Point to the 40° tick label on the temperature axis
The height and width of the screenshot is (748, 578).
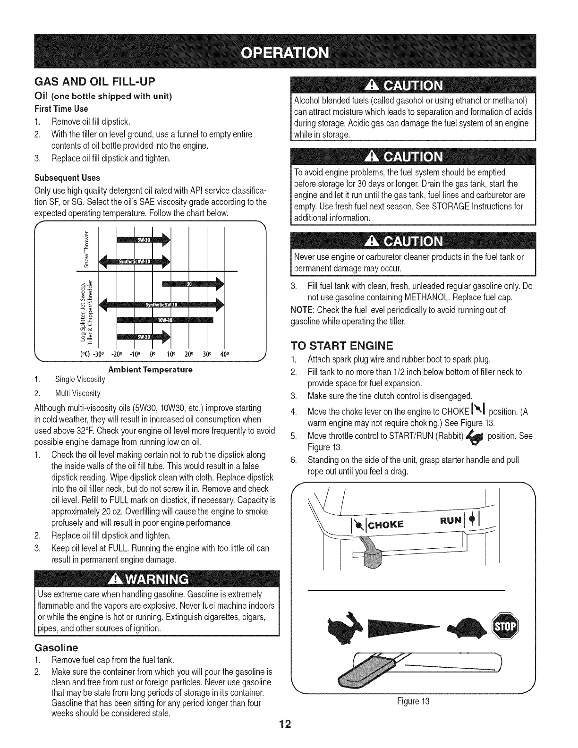224,353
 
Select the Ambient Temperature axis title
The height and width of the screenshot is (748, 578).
150,369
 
